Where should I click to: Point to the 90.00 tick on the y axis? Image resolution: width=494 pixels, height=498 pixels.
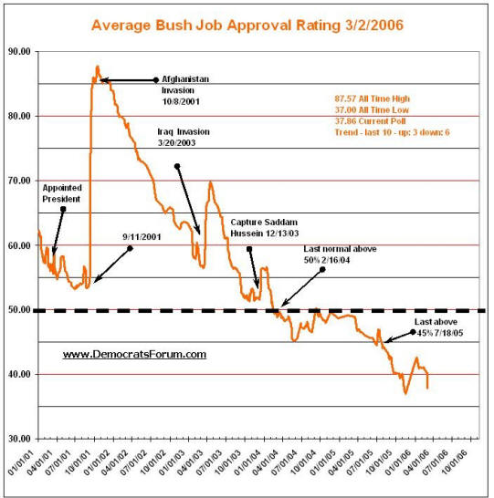(19, 51)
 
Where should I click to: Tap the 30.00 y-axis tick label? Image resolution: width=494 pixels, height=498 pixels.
(19, 439)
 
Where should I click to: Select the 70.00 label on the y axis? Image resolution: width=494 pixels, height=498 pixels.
(19, 181)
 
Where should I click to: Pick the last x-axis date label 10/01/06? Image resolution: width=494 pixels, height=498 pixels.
(457, 462)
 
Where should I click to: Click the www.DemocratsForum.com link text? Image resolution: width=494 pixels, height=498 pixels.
(134, 354)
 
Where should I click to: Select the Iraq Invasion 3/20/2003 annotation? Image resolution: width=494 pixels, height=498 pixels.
(184, 137)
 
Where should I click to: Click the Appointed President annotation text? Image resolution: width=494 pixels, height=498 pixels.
(62, 193)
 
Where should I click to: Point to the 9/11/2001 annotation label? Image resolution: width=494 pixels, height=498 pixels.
(142, 237)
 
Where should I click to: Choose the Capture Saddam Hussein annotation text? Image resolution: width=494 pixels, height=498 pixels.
(265, 228)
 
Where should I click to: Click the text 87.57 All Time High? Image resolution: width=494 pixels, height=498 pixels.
(372, 99)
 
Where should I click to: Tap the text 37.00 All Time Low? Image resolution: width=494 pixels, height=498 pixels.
(372, 109)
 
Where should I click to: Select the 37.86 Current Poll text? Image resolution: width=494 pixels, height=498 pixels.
(370, 121)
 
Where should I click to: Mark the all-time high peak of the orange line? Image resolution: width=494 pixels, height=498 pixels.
(98, 66)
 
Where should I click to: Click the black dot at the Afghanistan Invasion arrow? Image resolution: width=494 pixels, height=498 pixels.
(156, 80)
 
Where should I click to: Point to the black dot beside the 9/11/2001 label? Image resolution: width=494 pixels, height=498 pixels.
(130, 248)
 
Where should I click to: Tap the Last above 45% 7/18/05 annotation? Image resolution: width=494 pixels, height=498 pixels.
(438, 327)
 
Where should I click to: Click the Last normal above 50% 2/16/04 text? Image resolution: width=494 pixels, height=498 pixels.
(340, 254)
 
